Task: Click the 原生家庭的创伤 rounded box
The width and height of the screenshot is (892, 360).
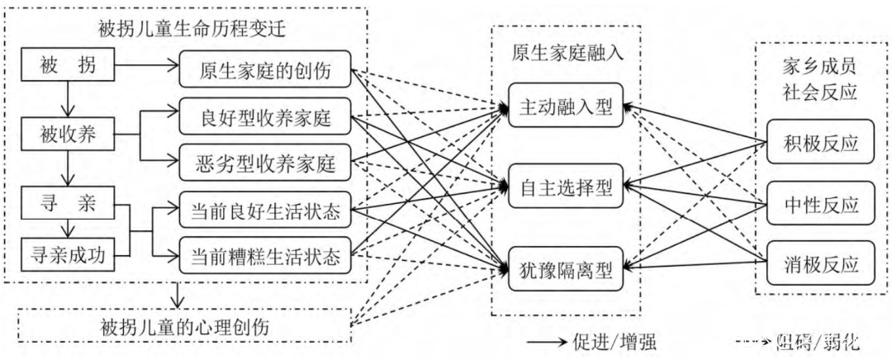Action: pos(265,72)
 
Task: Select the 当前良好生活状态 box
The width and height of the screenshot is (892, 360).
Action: pos(265,208)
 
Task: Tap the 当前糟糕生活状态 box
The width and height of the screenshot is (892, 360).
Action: pos(265,255)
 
